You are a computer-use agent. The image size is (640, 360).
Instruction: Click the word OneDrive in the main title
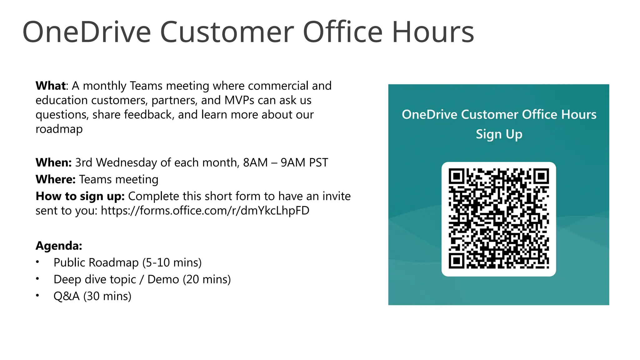87,32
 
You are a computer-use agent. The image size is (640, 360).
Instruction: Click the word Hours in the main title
433,32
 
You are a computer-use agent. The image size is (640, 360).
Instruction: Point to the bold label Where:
56,179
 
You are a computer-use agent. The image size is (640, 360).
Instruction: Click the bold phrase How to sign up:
80,196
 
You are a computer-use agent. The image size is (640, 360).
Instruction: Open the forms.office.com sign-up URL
205,211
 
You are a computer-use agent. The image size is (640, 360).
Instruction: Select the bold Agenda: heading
59,246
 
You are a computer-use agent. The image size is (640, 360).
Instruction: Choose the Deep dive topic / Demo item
142,279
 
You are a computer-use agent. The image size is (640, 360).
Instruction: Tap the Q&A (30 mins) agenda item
92,296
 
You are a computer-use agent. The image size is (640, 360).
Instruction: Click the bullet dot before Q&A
37,295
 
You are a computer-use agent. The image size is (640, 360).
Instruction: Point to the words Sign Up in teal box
499,134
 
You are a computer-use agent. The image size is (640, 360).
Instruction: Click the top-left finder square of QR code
457,177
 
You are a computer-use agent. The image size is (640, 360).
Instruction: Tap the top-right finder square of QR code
541,177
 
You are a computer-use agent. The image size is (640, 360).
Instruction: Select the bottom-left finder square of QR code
457,261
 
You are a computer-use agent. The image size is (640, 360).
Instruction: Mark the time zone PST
318,162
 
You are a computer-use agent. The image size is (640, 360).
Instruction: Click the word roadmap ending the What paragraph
59,129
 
